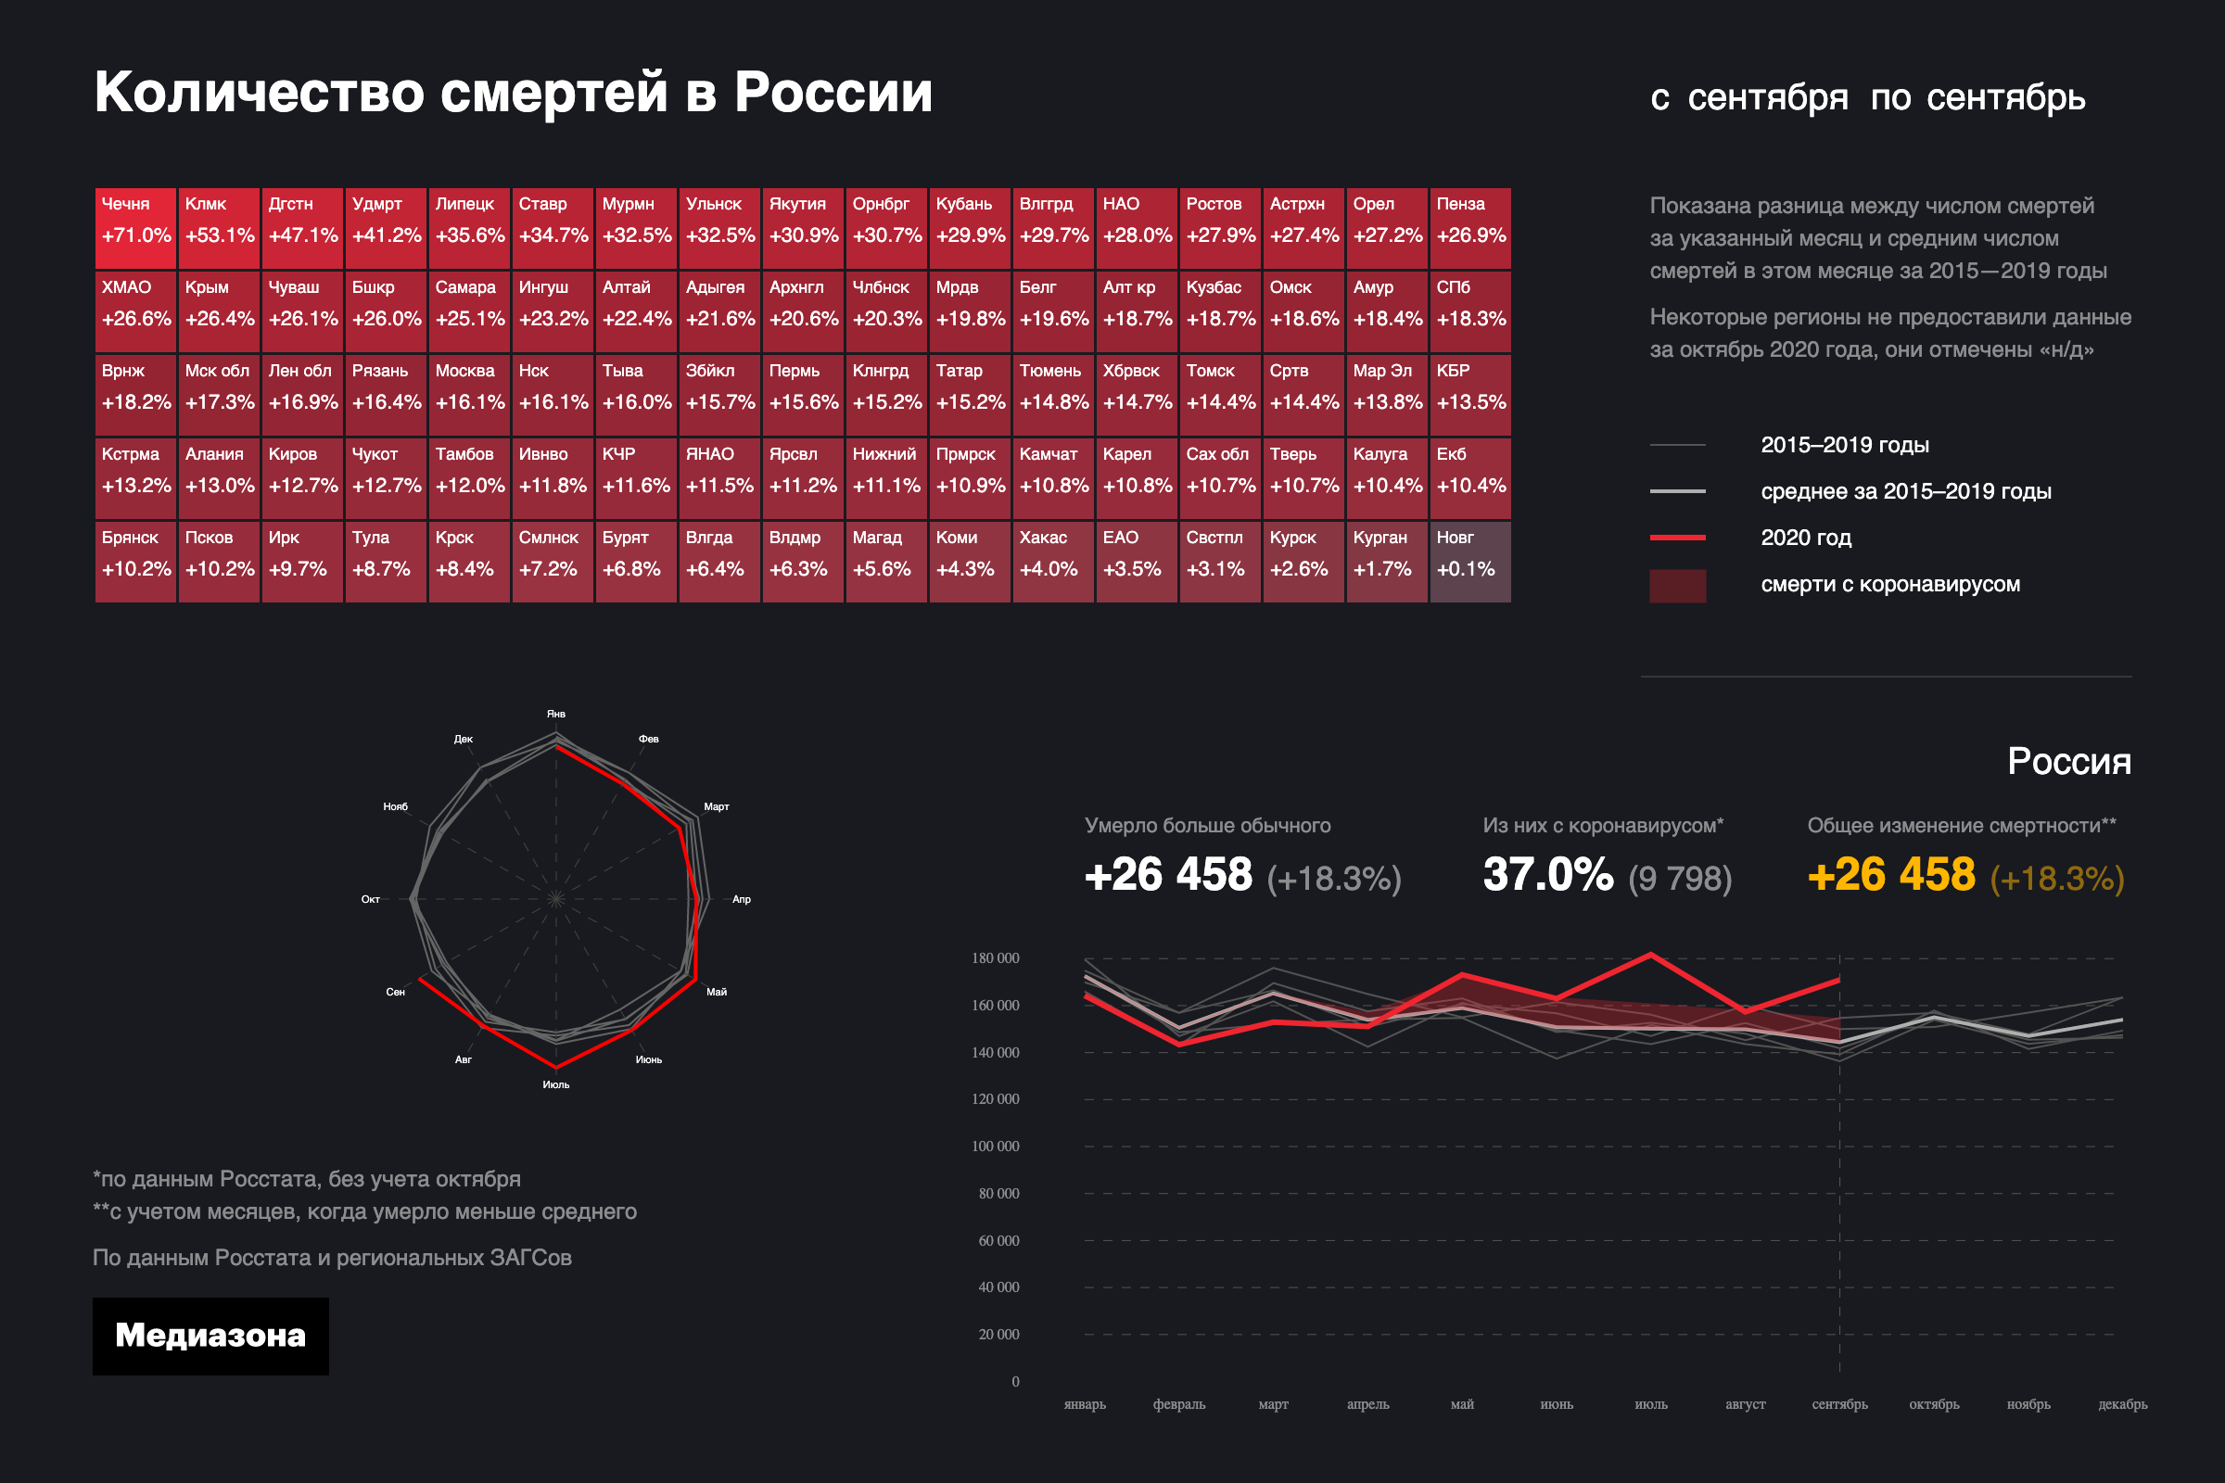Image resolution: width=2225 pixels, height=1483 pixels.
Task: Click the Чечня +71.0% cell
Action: (135, 228)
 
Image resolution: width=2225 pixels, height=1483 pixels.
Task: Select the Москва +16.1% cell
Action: (469, 396)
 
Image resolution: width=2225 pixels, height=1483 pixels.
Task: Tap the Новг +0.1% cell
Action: (1470, 562)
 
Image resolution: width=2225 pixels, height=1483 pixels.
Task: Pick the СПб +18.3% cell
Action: (1470, 312)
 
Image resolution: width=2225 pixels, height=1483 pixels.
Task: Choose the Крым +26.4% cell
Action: (219, 312)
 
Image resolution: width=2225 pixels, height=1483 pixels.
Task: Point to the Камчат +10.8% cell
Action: (1053, 478)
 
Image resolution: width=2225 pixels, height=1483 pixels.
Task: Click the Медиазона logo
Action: (210, 1336)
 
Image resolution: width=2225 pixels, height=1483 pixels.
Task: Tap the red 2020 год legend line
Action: (1677, 538)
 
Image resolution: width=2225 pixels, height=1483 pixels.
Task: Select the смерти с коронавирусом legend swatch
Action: (1677, 586)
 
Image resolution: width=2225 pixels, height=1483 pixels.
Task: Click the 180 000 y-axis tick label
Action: (995, 958)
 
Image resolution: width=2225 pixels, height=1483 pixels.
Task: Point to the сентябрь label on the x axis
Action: (1839, 1404)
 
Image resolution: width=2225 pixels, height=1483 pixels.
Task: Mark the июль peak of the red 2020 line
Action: (1651, 955)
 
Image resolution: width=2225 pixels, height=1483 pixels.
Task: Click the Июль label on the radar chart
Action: (556, 1084)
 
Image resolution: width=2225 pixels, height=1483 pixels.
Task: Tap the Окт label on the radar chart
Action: (371, 899)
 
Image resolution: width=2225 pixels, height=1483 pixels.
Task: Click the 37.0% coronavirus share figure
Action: (1547, 875)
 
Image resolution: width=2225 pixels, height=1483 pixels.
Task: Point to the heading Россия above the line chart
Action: (2069, 761)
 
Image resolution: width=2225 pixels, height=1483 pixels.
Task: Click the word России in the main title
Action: (833, 93)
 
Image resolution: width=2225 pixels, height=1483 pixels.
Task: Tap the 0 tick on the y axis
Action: (1015, 1382)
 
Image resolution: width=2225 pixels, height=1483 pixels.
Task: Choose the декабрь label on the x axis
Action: (2122, 1404)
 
